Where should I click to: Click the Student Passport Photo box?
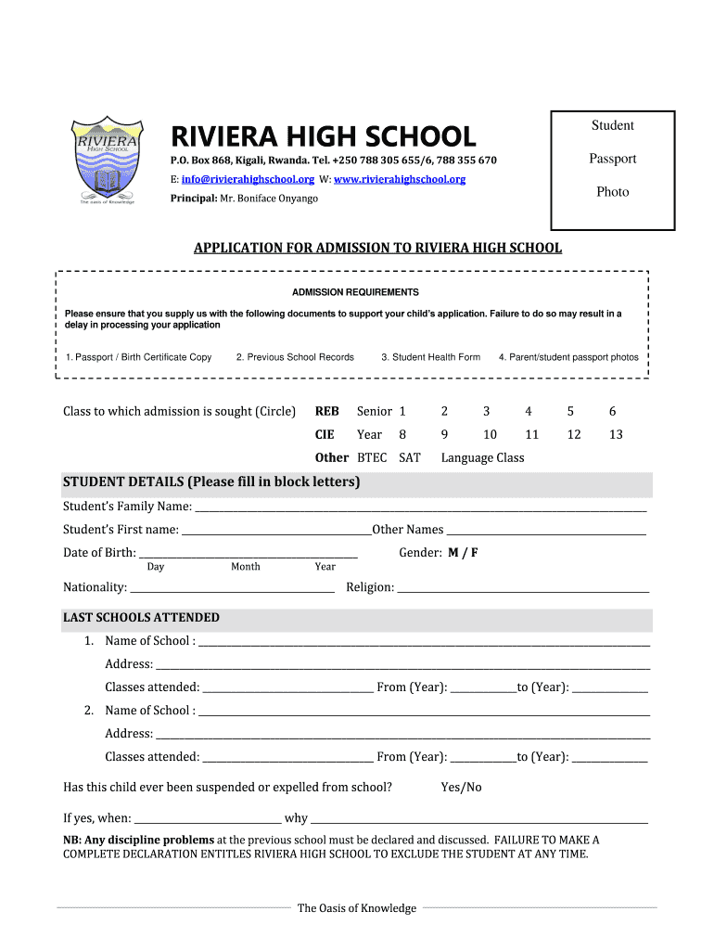pos(612,170)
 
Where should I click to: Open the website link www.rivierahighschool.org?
pos(399,179)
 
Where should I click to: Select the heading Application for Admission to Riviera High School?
pos(376,248)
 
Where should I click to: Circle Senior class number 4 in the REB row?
pos(529,411)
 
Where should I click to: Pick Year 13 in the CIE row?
pos(616,434)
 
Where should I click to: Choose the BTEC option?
pos(372,457)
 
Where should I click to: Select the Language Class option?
pos(482,457)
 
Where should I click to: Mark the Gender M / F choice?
pos(463,553)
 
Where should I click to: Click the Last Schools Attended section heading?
pos(141,618)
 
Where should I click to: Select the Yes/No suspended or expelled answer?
pos(461,788)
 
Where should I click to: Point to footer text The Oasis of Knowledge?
pos(357,908)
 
